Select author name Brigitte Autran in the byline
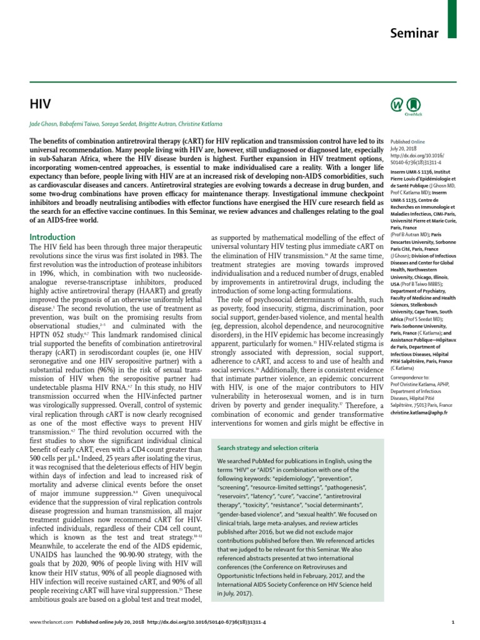pyautogui.click(x=147, y=124)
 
